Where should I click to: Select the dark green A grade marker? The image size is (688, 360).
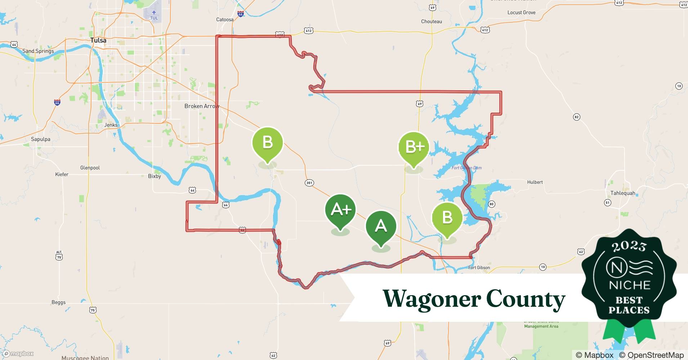coord(381,226)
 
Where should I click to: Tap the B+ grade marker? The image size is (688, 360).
coord(414,147)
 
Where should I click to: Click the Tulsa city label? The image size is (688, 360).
coord(98,40)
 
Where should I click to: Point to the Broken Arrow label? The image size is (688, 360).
coord(201,106)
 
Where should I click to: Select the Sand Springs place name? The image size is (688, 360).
coord(38,51)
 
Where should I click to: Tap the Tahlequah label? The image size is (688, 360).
coord(623,193)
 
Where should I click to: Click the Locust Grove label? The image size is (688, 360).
coord(521,13)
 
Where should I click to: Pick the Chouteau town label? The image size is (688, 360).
coord(431,22)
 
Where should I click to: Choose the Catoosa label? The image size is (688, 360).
coord(225,20)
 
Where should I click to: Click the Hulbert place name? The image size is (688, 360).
coord(535,182)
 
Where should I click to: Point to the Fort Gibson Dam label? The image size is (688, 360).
coord(466,168)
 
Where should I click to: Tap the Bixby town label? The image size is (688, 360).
coord(155,176)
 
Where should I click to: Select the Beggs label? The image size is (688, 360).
coord(59,302)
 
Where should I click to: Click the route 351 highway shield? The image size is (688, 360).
coord(309,183)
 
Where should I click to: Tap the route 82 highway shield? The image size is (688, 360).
coord(576,117)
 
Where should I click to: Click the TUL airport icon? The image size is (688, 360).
coord(154,13)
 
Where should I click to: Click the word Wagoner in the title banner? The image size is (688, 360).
coord(431,299)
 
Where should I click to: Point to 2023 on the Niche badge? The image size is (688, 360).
coord(629,246)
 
